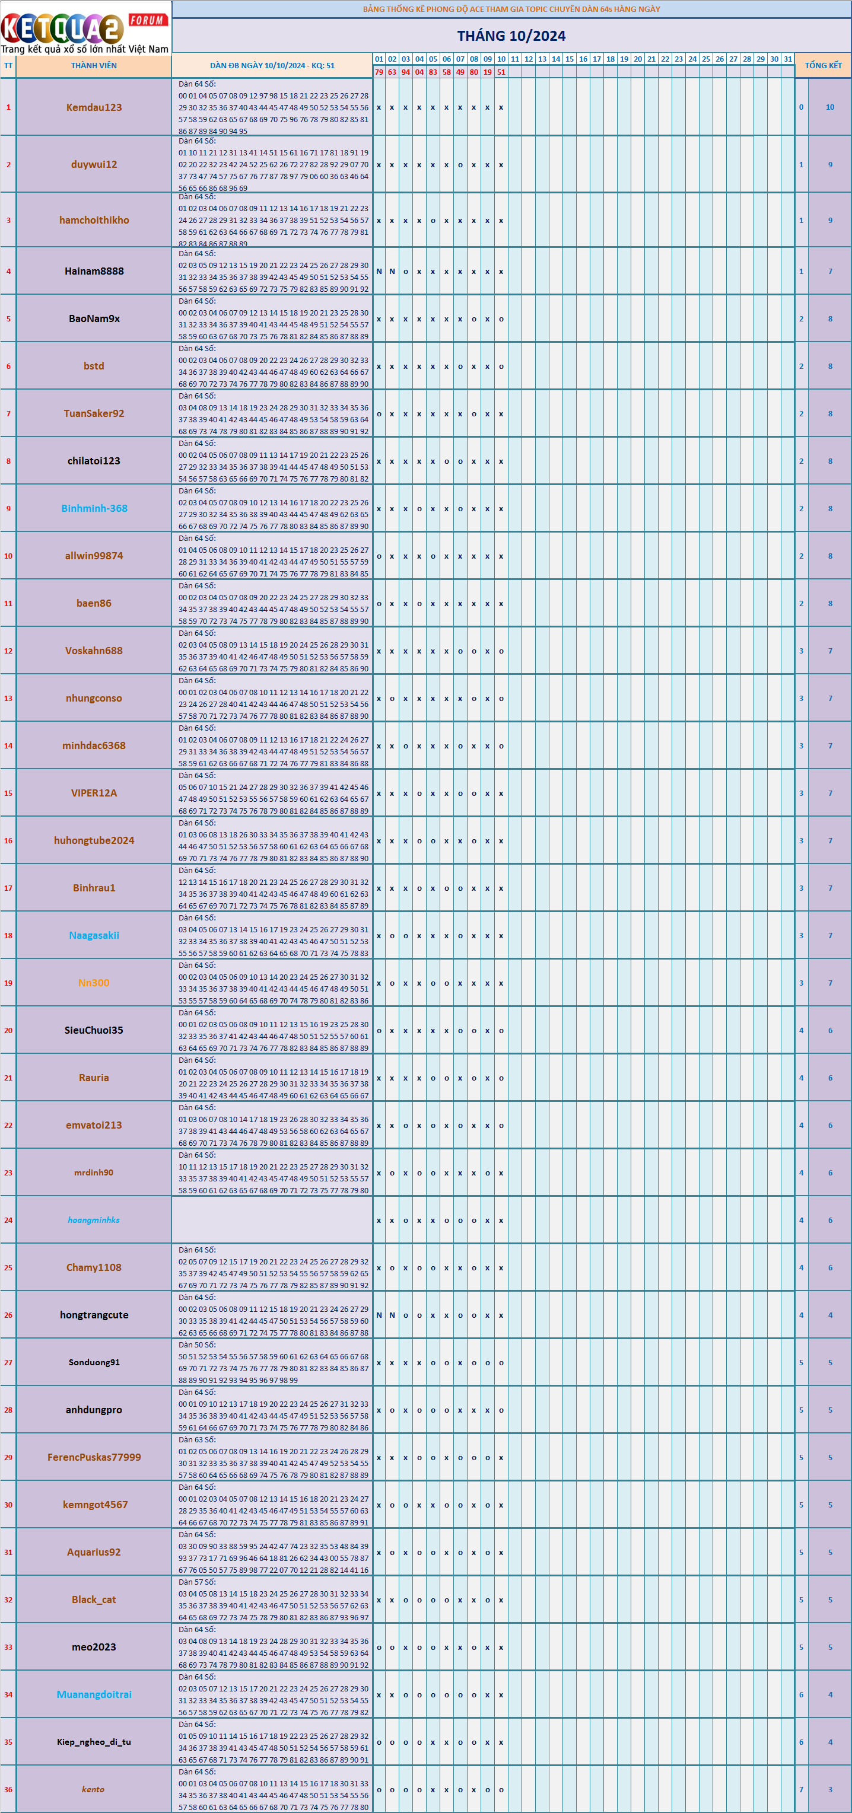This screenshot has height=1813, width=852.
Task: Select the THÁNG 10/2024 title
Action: pos(511,36)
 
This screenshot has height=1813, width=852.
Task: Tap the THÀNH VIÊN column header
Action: pos(94,65)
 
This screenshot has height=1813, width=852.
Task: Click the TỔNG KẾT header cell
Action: pos(823,65)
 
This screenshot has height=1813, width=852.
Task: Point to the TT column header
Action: pos(8,65)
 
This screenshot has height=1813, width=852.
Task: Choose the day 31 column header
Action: pos(788,59)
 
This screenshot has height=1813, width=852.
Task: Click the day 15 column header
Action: pos(570,59)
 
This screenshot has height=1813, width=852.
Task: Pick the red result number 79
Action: pos(379,72)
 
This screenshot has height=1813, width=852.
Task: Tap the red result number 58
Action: pos(446,72)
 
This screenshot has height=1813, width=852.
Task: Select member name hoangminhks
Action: pos(94,1220)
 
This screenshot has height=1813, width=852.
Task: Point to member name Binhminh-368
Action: pos(94,508)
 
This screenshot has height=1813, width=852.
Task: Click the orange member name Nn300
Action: pos(94,983)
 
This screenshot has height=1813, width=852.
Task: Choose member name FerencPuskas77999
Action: pos(94,1457)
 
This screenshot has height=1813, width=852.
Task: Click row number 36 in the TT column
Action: pos(8,1789)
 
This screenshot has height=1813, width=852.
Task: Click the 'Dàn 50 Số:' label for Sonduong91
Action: pos(197,1345)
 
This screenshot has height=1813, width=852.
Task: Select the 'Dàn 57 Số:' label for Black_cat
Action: pos(197,1582)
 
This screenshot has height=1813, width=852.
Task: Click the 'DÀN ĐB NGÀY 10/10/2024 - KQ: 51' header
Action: pos(272,65)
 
